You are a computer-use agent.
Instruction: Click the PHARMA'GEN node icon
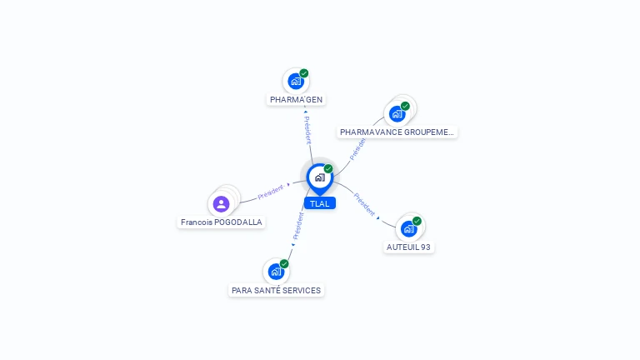coord(295,82)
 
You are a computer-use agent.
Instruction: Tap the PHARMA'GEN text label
coord(296,100)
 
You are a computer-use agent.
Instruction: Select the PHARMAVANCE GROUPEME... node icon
coord(397,113)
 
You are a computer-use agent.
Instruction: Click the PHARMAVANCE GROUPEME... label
coord(397,132)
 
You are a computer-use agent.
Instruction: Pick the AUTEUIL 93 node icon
coord(408,228)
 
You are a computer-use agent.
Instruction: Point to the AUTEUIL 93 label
coord(409,247)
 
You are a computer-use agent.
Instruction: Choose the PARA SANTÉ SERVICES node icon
coord(276,272)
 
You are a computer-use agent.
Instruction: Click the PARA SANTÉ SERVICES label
coord(276,291)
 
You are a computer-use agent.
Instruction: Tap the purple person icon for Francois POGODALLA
coord(221,203)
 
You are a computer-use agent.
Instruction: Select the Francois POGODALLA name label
coord(222,222)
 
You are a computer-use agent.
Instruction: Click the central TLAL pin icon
coord(319,177)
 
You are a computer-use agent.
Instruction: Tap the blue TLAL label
coord(319,203)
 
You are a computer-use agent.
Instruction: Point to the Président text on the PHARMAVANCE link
coord(357,148)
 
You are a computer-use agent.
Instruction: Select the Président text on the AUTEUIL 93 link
coord(365,204)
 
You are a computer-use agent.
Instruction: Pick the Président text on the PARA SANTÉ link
coord(298,225)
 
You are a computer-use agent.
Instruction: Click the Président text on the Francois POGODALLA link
coord(270,192)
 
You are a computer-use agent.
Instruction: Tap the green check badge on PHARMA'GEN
coord(304,73)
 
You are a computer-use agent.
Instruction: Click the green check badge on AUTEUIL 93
coord(417,221)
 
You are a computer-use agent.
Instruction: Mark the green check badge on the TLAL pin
coord(328,168)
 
